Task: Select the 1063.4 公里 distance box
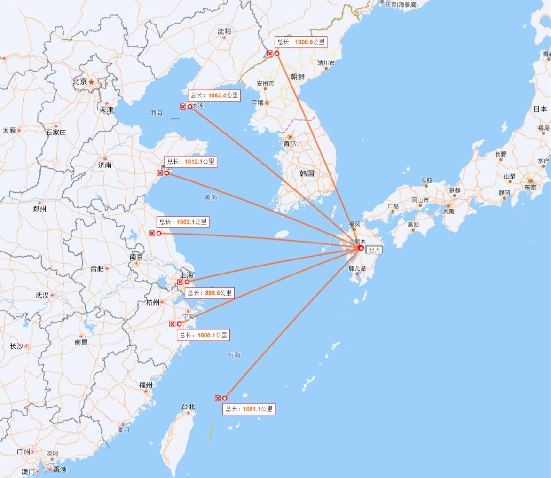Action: click(x=214, y=95)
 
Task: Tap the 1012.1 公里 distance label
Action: click(x=191, y=162)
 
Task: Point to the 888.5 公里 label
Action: click(x=210, y=293)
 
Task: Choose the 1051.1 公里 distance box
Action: click(x=249, y=409)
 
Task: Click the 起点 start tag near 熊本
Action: click(x=375, y=250)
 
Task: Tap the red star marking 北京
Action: click(x=91, y=81)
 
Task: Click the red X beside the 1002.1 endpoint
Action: click(x=152, y=233)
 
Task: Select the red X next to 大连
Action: click(x=183, y=107)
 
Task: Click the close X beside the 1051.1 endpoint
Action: click(x=218, y=398)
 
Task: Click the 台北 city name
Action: click(x=188, y=407)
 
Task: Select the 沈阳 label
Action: click(x=224, y=31)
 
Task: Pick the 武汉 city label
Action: click(x=42, y=296)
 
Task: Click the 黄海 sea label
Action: click(x=211, y=197)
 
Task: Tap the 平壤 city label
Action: click(x=258, y=102)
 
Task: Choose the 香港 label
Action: click(x=60, y=470)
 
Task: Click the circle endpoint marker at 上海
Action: click(x=187, y=282)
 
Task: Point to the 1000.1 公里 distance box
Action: click(x=204, y=335)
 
